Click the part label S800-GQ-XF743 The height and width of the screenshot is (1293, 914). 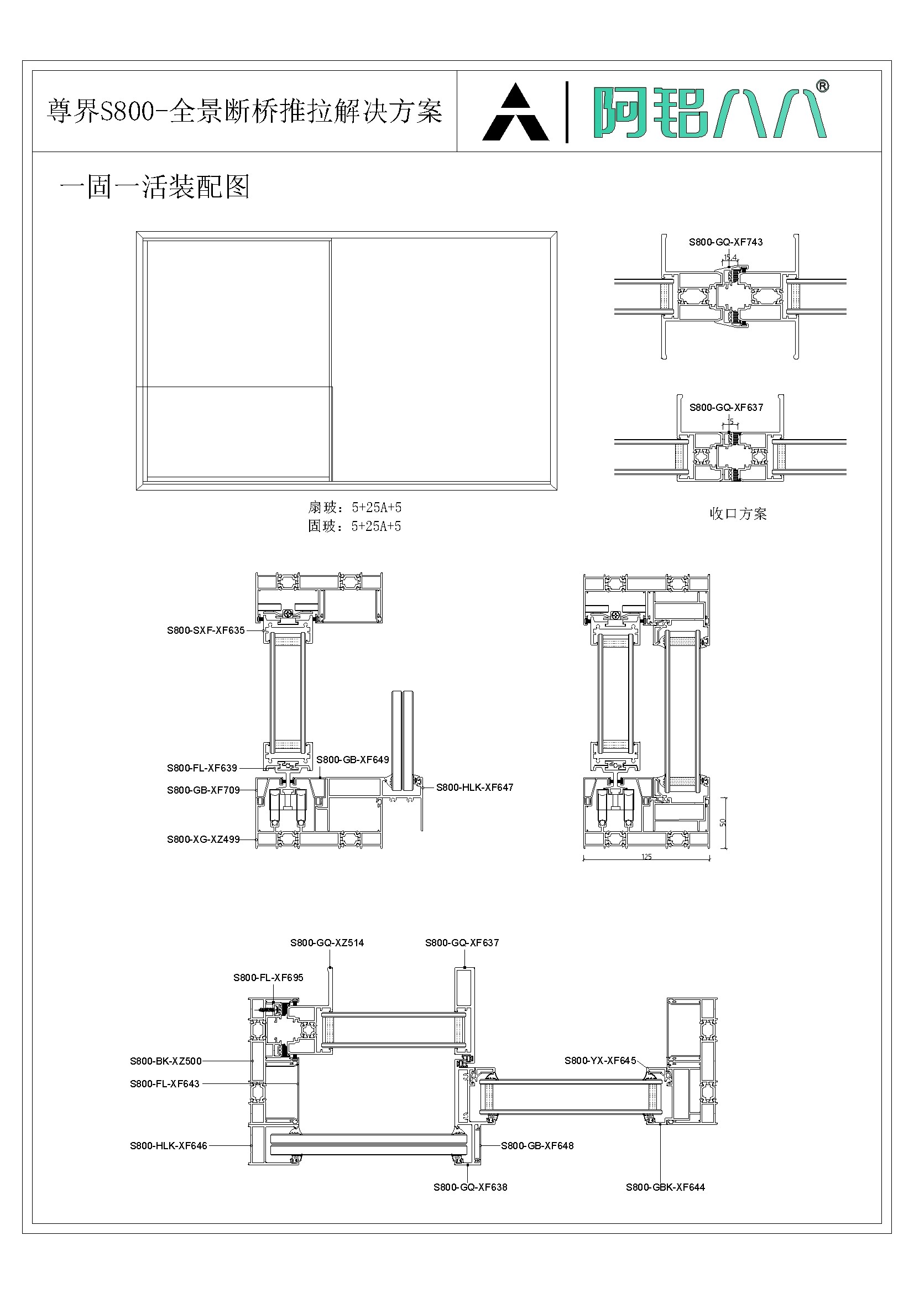click(x=725, y=242)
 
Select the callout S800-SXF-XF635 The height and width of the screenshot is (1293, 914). click(x=206, y=630)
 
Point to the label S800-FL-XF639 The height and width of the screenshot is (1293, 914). click(x=202, y=768)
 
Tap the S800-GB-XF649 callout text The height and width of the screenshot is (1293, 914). click(x=353, y=759)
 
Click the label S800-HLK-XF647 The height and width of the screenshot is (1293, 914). click(x=474, y=788)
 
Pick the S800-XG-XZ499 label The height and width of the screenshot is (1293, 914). click(x=203, y=839)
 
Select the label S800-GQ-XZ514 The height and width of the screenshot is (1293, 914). click(x=327, y=943)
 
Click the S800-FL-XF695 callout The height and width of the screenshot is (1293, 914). click(x=268, y=978)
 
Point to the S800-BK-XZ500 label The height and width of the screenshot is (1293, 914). click(x=165, y=1061)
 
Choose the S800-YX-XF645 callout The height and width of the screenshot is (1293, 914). click(x=600, y=1060)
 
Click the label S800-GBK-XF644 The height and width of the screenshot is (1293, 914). click(x=665, y=1187)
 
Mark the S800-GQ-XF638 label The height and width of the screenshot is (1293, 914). click(x=469, y=1187)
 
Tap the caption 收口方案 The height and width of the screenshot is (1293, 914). click(x=738, y=514)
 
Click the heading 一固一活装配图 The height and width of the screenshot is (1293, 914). click(x=154, y=187)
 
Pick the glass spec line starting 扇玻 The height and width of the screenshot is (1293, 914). click(x=354, y=507)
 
